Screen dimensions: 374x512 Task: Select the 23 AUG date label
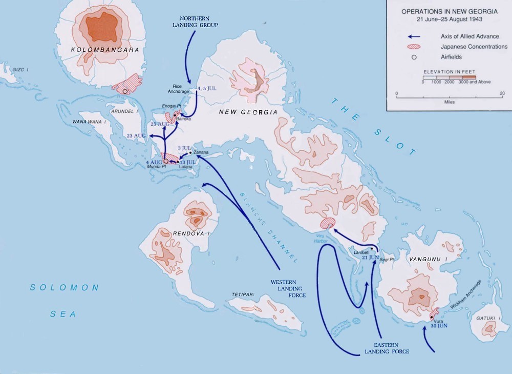[x=137, y=135]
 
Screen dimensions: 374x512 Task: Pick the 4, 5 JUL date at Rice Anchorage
[x=207, y=88]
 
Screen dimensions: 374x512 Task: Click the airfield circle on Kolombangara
[x=124, y=91]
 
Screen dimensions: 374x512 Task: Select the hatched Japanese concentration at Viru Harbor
[x=327, y=223]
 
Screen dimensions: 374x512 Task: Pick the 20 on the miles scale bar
[x=502, y=93]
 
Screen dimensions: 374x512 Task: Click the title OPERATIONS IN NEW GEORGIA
[x=449, y=11]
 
